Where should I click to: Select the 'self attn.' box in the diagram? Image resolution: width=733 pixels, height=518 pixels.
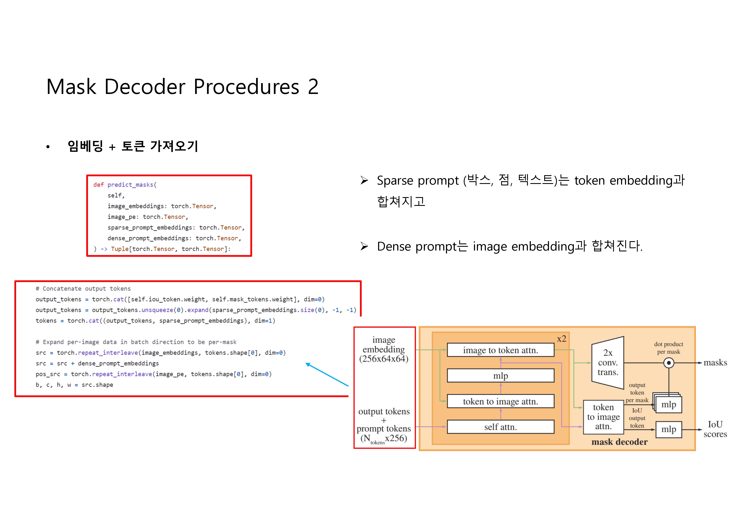point(500,427)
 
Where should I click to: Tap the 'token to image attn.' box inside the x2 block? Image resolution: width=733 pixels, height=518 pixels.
point(500,401)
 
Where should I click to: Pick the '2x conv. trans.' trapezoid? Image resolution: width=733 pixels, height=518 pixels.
point(608,363)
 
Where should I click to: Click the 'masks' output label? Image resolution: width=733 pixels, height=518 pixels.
point(715,363)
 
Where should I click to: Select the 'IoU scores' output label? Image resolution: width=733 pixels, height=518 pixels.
point(715,429)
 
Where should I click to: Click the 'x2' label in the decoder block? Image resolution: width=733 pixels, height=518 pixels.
point(562,339)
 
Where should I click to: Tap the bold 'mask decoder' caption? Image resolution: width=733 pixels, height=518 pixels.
point(619,442)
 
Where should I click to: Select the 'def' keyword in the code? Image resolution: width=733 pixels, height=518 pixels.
point(98,185)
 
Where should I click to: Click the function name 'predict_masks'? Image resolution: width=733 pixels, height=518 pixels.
point(130,185)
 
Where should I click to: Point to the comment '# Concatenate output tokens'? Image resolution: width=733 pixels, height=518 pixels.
point(83,289)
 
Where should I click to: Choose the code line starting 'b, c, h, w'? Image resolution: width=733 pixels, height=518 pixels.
point(74,385)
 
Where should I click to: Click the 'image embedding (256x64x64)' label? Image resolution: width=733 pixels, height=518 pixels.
point(384,349)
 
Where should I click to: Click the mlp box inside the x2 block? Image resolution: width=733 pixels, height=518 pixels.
point(500,376)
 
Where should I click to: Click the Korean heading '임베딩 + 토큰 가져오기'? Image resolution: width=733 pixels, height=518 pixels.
point(133,146)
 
